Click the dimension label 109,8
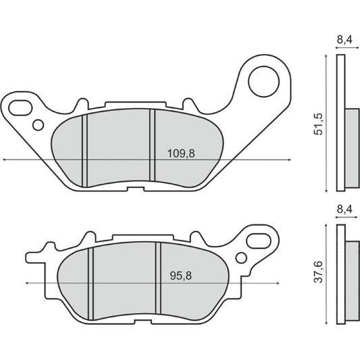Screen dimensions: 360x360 180,153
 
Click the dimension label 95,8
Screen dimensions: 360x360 178,276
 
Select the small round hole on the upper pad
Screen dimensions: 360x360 38,124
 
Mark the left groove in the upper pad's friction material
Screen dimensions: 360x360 86,149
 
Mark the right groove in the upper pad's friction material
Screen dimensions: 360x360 152,145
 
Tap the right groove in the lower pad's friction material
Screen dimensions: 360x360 158,278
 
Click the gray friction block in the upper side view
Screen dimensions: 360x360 352,147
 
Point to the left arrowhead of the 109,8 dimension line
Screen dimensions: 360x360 5,160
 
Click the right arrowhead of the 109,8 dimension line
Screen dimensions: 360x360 291,160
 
